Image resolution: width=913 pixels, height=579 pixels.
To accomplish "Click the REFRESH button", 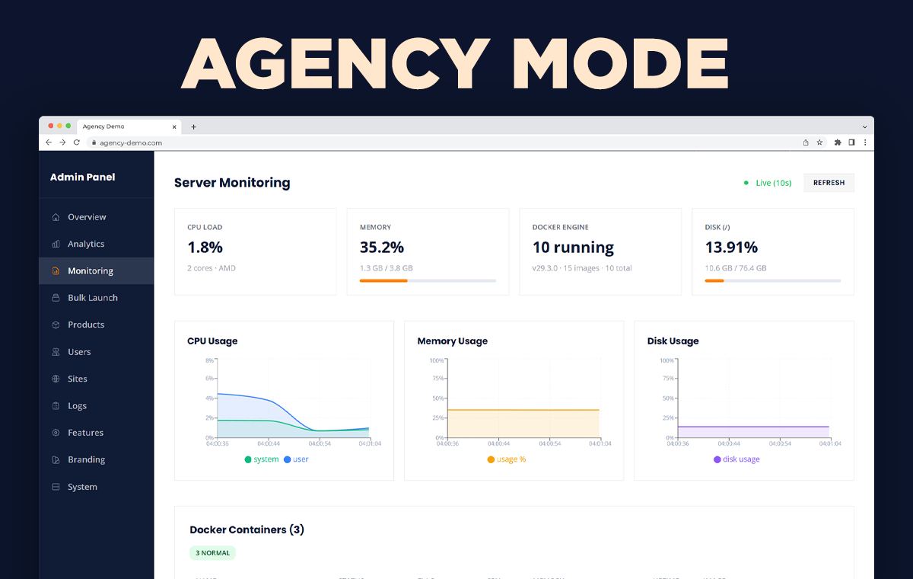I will pos(829,183).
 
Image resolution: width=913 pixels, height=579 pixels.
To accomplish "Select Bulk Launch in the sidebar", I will pos(92,298).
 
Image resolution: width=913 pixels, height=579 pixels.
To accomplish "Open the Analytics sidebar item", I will pos(85,244).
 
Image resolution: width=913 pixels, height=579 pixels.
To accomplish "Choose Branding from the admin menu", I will pos(86,459).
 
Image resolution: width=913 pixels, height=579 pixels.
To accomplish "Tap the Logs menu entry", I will pos(77,406).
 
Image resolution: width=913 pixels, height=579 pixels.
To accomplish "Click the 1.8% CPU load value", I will pos(205,248).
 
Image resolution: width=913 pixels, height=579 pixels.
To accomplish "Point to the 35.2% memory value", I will pos(381,248).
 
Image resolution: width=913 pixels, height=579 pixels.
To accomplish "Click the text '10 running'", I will pos(573,248).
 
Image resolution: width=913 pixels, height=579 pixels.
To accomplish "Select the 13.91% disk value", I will pos(731,248).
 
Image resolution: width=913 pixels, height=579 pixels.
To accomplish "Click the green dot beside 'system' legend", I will pos(248,459).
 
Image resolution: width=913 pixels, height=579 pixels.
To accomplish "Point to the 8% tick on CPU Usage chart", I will pos(209,360).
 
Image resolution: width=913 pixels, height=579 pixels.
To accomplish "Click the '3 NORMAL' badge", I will pos(212,553).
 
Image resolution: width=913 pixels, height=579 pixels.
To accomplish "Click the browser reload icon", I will pos(76,142).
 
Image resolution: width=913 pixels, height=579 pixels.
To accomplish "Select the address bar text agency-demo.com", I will pos(130,142).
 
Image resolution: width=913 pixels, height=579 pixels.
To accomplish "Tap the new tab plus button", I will pos(193,126).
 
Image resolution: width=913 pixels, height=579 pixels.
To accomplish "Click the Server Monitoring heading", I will pos(232,183).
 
